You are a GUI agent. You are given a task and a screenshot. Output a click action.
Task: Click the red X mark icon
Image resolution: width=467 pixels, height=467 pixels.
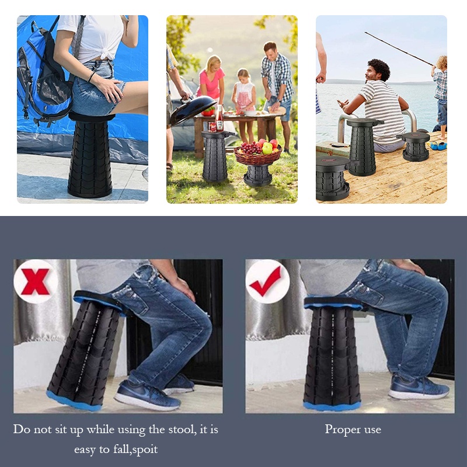(35, 281)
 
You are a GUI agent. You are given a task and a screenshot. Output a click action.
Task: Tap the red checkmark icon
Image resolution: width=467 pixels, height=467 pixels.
(266, 281)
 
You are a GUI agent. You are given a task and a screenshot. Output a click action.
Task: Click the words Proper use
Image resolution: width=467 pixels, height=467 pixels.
(353, 430)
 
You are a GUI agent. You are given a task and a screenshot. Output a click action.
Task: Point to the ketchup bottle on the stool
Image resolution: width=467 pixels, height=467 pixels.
(219, 119)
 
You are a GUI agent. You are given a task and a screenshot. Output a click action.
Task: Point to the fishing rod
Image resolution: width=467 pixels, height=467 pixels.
(399, 48)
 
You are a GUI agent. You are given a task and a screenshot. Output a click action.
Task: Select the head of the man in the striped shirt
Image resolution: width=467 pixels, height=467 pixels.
(378, 71)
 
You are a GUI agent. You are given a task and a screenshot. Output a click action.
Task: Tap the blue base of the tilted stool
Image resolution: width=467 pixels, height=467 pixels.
(74, 401)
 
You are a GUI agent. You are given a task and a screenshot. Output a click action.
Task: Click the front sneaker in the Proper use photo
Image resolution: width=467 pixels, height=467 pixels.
(419, 387)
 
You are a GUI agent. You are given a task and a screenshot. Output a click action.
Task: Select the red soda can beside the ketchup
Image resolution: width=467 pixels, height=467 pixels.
(212, 127)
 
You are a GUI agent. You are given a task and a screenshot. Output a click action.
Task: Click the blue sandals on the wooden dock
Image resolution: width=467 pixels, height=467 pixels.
(438, 146)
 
